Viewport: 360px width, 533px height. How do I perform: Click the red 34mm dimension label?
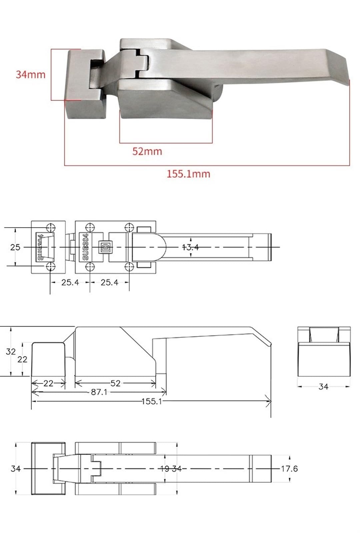point(30,74)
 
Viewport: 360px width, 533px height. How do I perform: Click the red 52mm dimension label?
point(147,151)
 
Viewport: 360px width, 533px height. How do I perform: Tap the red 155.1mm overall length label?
point(188,174)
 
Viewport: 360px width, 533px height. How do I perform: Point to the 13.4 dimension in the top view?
point(190,247)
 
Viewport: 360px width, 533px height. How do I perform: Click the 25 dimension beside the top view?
point(15,247)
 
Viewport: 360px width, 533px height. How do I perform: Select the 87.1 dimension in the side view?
point(99,392)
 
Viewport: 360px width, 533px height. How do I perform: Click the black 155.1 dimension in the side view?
point(152,401)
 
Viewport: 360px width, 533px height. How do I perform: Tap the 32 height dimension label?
point(11,351)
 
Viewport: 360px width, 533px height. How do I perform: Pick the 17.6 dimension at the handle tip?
point(289,469)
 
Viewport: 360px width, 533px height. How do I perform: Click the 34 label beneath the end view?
point(323,387)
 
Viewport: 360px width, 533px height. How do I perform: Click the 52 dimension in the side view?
point(115,383)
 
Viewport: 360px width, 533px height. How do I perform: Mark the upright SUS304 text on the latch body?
point(85,247)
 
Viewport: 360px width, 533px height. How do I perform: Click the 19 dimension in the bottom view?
point(165,469)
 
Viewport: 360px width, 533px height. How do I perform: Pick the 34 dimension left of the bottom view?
point(15,469)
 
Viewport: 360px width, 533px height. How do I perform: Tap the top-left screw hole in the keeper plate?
point(50,228)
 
